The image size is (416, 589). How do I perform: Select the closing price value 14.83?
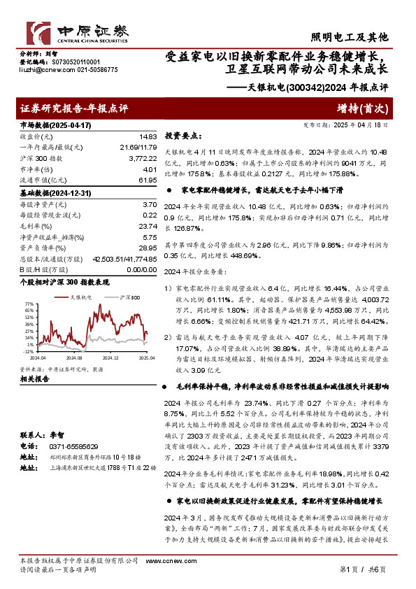[148, 136]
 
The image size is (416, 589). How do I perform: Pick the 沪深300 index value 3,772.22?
[143, 158]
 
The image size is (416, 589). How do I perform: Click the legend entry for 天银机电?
[60, 297]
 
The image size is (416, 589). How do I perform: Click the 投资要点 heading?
[182, 137]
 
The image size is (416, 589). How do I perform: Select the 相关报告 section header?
[34, 378]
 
